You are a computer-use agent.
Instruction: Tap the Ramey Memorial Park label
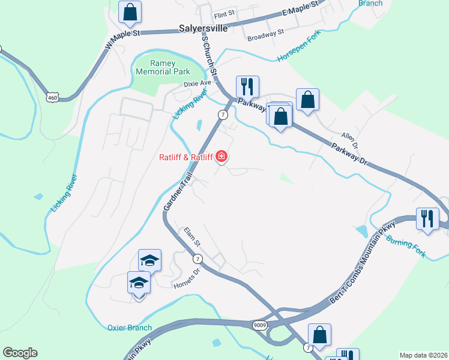tap(163, 67)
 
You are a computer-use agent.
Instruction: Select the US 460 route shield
tap(53, 96)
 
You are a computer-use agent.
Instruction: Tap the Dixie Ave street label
tap(197, 83)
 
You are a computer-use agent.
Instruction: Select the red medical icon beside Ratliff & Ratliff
tap(221, 157)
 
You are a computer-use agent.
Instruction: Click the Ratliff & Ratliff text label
tap(185, 158)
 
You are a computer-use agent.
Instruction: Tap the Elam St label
tap(191, 233)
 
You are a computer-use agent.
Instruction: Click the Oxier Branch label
tap(130, 328)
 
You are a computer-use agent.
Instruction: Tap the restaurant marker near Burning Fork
tap(427, 218)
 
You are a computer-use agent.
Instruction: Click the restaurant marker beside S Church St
tap(247, 86)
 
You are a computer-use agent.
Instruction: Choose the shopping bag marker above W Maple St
tap(130, 11)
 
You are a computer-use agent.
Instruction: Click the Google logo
tap(20, 353)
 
